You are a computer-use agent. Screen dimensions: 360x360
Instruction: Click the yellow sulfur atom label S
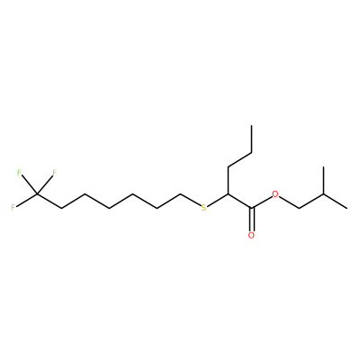[x=204, y=208]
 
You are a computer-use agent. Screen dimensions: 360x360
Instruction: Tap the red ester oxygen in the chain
[x=275, y=193]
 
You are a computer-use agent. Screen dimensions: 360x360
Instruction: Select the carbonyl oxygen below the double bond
[x=251, y=235]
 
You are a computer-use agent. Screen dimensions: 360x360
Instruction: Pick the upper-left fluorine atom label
[x=19, y=173]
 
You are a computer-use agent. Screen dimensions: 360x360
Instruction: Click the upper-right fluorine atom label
[x=55, y=173]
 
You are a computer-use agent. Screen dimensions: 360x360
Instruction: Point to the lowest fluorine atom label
[x=13, y=208]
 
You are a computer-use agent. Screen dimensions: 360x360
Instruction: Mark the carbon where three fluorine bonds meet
[x=37, y=194]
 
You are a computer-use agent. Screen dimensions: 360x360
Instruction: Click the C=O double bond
[x=252, y=219]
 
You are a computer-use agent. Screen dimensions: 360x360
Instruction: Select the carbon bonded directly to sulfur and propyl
[x=228, y=194]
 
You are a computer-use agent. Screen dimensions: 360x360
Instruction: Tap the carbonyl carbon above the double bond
[x=252, y=208]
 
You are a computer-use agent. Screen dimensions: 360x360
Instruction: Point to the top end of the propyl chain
[x=252, y=125]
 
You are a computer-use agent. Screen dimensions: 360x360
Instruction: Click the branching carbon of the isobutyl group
[x=323, y=194]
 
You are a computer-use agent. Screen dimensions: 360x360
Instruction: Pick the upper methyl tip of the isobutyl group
[x=323, y=166]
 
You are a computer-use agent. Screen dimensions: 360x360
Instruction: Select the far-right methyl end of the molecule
[x=347, y=208]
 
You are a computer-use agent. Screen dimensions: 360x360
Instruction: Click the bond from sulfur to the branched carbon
[x=218, y=200]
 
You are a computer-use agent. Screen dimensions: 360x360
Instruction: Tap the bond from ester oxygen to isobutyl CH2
[x=290, y=202]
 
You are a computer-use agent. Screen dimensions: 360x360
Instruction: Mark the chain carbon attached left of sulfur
[x=180, y=194]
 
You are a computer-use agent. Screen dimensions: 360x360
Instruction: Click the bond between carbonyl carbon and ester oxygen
[x=262, y=202]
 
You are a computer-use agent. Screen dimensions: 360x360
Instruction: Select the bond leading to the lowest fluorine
[x=27, y=200]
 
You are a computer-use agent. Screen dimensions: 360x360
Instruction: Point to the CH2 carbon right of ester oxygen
[x=300, y=208]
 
